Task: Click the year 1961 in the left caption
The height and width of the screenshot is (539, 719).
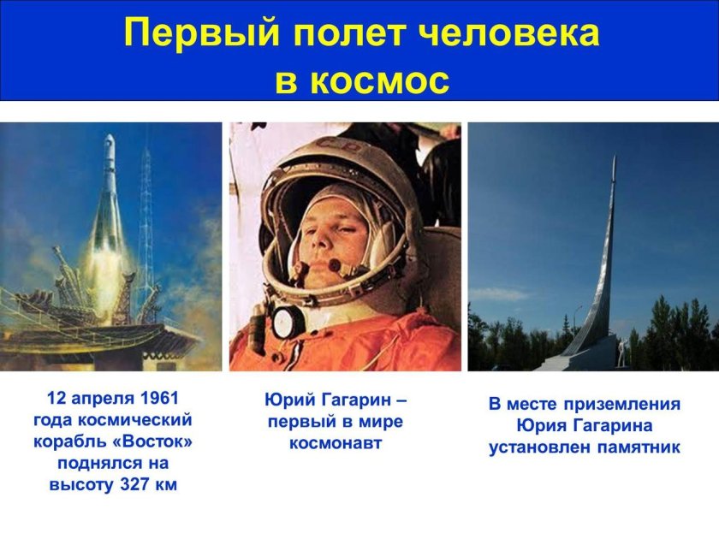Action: coord(162,399)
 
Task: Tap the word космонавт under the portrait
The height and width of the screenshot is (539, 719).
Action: coord(336,443)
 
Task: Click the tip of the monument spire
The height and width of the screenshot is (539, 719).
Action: coord(614,157)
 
